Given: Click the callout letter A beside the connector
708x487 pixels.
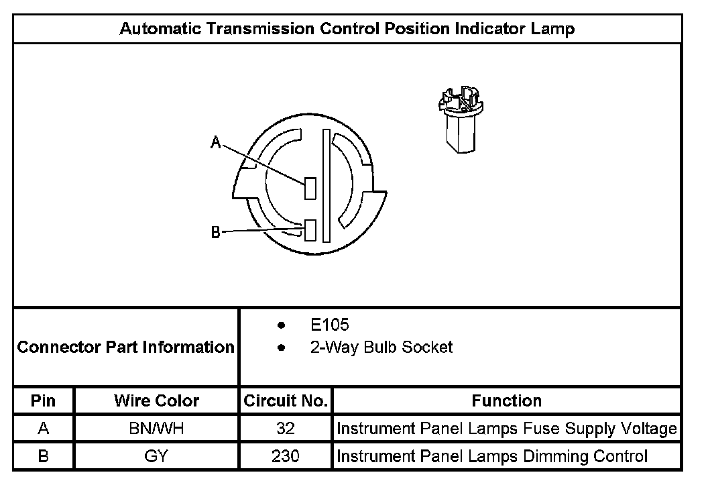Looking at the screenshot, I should (x=216, y=142).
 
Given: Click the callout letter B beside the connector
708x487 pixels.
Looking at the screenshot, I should (x=216, y=233).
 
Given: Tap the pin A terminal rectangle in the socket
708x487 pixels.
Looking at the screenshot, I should (x=310, y=188).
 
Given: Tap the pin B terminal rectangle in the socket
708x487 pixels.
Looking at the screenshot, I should (x=310, y=230).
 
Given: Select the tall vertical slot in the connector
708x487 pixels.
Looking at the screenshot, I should (x=326, y=186).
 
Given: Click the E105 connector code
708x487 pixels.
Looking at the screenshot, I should (x=330, y=325).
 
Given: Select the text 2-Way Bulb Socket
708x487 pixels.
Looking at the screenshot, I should (x=381, y=347).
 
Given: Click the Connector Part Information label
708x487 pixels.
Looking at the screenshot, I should (x=125, y=347).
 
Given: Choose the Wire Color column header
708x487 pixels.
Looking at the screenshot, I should (x=156, y=401).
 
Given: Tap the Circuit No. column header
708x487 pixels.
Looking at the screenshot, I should (x=286, y=401).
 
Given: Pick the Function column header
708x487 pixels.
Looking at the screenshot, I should (x=506, y=401).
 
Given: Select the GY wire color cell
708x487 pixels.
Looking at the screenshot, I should (x=156, y=457).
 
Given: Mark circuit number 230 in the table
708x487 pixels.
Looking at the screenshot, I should (x=286, y=457).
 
